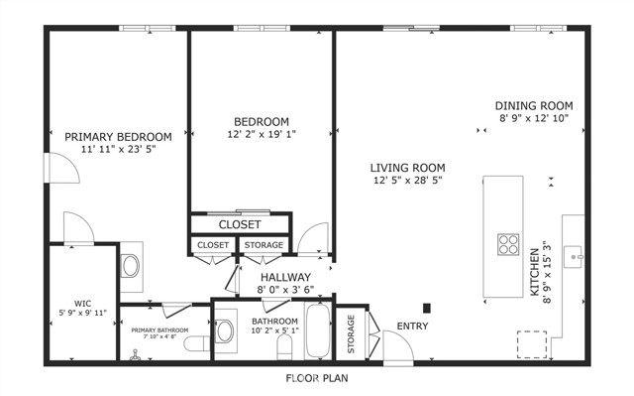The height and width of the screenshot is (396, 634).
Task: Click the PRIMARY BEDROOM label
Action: (118, 137)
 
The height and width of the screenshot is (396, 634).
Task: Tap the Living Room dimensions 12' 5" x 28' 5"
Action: (407, 181)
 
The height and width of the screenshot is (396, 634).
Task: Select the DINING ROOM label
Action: (534, 106)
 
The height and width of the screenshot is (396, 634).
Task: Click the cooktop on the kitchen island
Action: (508, 244)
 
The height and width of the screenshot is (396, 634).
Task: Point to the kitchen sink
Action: (574, 257)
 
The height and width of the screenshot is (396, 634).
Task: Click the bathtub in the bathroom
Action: (318, 331)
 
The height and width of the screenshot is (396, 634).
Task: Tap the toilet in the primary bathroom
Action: (197, 343)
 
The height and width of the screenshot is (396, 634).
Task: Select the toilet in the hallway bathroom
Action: (284, 347)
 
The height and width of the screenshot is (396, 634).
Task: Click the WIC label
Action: (82, 304)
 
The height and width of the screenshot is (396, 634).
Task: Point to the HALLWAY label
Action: (285, 277)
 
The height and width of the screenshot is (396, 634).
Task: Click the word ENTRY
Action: (412, 326)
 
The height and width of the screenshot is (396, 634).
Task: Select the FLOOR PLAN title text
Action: (317, 378)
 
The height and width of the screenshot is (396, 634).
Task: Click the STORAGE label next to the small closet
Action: (264, 245)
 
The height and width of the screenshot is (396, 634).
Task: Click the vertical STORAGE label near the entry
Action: (351, 333)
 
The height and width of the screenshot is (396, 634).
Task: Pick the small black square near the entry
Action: (427, 308)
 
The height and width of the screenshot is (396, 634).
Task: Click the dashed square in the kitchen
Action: (532, 344)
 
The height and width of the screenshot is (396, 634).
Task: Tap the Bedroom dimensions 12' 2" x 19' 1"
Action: (262, 134)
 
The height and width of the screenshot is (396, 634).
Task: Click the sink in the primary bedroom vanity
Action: (131, 266)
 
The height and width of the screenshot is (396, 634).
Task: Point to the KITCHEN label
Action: (535, 272)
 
